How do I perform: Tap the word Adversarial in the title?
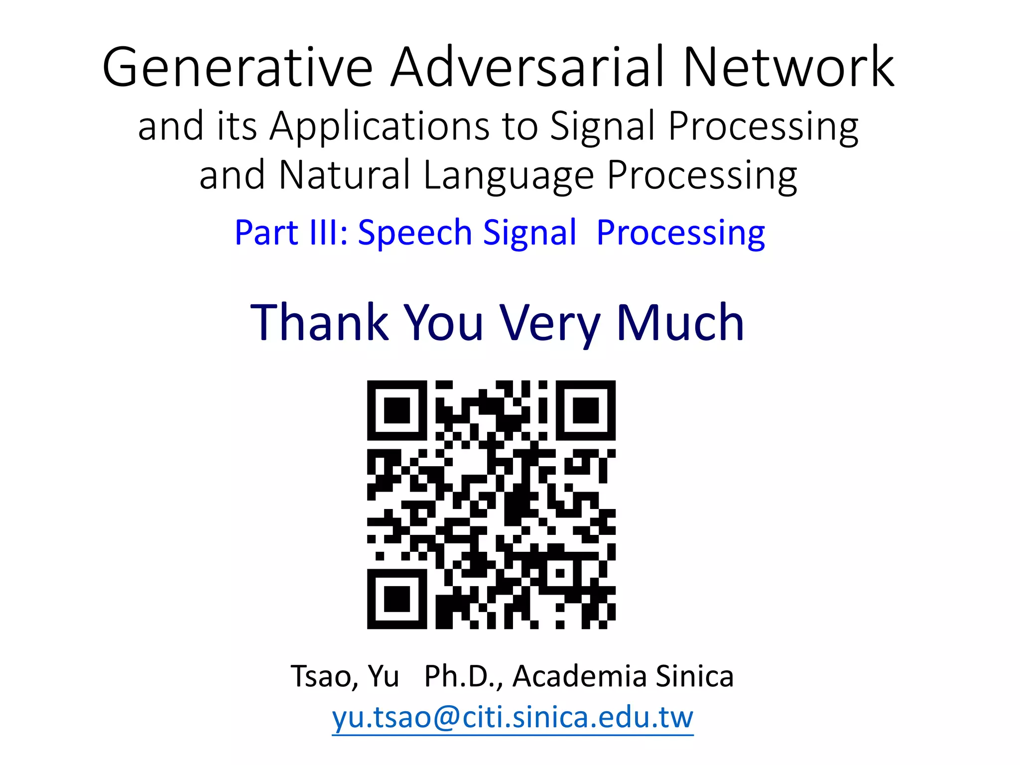coord(528,67)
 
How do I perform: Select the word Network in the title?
coord(789,67)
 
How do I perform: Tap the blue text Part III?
coord(291,233)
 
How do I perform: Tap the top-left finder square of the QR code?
coord(397,410)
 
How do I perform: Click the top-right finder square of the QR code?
coord(586,410)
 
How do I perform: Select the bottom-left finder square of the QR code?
coord(397,599)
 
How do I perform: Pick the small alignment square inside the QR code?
coord(560,573)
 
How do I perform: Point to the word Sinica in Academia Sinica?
coord(694,676)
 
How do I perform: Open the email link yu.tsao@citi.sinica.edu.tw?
coord(512,718)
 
